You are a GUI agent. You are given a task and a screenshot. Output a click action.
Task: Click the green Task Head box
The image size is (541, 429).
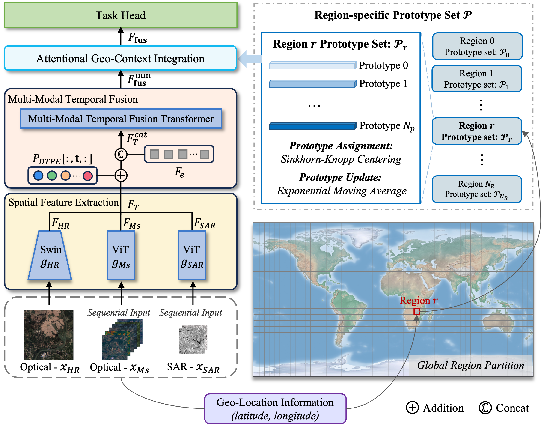tap(121, 15)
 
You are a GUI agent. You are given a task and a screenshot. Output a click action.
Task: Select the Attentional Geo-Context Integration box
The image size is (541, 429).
tap(120, 58)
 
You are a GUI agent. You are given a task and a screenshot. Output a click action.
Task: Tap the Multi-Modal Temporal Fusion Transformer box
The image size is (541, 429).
tap(121, 119)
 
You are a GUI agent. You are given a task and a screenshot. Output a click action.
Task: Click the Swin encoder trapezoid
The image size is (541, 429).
tap(50, 255)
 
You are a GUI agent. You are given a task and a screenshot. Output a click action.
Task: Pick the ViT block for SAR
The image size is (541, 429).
tap(192, 255)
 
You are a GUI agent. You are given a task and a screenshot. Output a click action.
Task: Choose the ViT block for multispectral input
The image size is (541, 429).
tap(121, 255)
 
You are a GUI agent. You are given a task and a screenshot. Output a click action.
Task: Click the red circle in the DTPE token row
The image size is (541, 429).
tap(88, 176)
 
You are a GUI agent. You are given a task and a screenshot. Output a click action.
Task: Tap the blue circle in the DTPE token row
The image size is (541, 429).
tap(38, 176)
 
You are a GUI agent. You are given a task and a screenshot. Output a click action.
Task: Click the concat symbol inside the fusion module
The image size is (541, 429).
tap(121, 154)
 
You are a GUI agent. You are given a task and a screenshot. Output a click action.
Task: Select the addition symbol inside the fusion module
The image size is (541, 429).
tap(121, 176)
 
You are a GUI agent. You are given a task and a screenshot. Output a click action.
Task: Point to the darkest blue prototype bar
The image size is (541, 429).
tap(313, 126)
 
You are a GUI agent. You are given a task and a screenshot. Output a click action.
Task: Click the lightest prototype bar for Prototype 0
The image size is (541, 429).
tap(313, 65)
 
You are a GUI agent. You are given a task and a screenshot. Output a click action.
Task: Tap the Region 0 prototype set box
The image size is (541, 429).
tap(477, 46)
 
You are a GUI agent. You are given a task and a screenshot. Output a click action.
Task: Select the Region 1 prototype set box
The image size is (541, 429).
tap(477, 79)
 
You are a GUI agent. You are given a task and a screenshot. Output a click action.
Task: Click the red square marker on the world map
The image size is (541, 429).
tap(416, 312)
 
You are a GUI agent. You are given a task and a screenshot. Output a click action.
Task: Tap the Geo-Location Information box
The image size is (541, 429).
tap(275, 409)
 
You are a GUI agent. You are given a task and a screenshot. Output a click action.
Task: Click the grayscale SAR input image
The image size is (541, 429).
tap(193, 339)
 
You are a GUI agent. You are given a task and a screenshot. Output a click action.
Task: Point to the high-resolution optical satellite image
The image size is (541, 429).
tap(49, 335)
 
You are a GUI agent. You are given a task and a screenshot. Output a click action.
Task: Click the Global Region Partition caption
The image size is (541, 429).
tap(471, 365)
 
